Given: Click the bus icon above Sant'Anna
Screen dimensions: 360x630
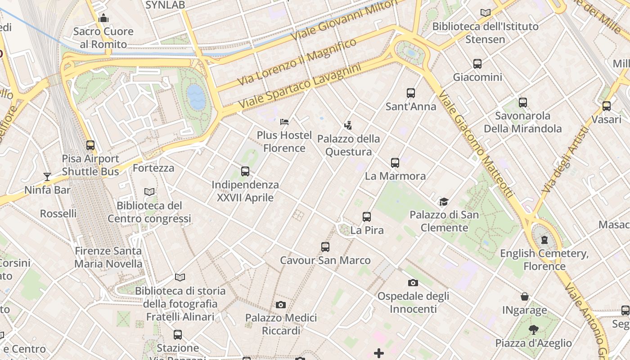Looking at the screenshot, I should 411,93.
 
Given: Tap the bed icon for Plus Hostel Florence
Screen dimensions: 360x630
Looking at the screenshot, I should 284,121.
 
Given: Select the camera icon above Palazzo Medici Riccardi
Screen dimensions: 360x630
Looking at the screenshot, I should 281,305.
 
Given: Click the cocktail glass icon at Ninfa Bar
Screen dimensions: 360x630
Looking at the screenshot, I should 47,176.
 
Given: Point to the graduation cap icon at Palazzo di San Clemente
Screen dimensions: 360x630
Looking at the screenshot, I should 444,201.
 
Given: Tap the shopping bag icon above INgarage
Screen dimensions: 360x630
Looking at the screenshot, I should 525,297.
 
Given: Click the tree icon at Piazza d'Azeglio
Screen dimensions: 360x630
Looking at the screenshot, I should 534,330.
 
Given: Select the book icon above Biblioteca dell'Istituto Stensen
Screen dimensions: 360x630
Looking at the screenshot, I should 486,13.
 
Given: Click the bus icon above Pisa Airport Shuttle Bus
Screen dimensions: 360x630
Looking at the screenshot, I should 90,145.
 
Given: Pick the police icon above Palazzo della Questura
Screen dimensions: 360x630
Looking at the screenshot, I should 348,125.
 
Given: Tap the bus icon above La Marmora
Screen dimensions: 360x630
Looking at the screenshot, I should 395,162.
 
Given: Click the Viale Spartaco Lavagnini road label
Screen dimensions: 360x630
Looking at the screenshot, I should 300,86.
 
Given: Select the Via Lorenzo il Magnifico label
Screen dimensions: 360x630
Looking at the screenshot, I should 297,62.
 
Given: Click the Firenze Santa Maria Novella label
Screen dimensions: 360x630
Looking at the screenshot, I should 108,257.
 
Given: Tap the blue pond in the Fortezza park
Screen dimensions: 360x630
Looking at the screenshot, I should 196,97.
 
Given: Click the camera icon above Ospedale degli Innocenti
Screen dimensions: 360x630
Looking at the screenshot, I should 413,283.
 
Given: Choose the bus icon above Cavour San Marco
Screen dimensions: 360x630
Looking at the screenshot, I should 325,247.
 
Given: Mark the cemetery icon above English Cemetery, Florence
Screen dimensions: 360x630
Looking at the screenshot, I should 544,239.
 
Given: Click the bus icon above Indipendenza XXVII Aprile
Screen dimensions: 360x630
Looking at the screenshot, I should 245,171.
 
